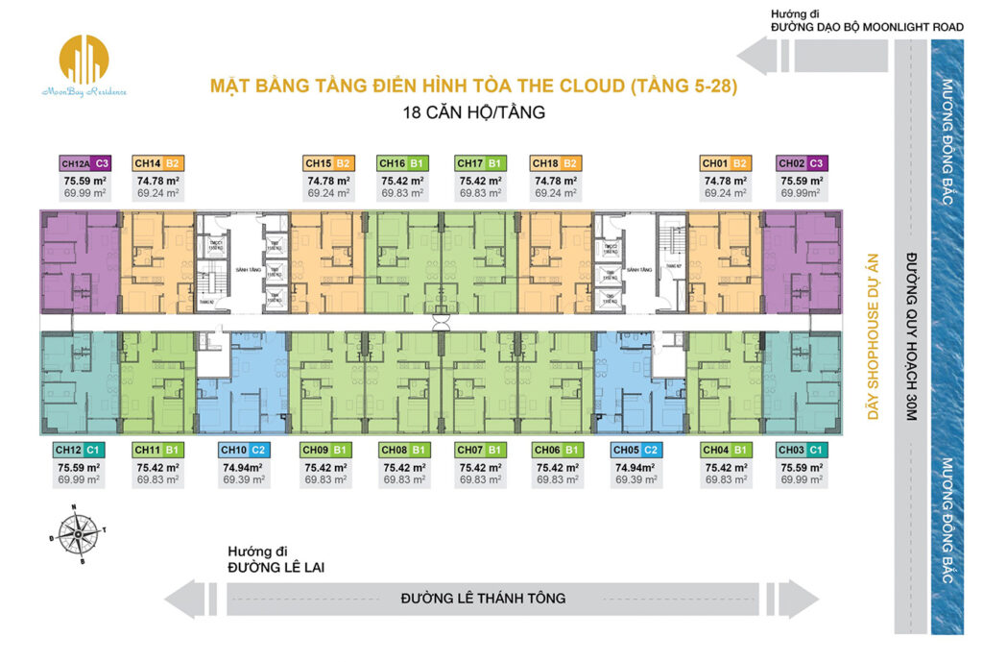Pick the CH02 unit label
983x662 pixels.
[803, 163]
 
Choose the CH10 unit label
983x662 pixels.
[244, 449]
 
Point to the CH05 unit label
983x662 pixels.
[635, 449]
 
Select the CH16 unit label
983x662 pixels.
[403, 163]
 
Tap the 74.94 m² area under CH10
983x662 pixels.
[244, 467]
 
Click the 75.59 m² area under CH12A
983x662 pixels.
[85, 180]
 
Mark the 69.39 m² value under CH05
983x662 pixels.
[635, 478]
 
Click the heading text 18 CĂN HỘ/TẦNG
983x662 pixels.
[474, 112]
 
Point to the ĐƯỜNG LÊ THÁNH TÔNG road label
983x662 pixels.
[483, 598]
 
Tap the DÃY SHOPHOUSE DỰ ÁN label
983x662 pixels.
[873, 337]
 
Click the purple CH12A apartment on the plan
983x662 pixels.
[79, 262]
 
